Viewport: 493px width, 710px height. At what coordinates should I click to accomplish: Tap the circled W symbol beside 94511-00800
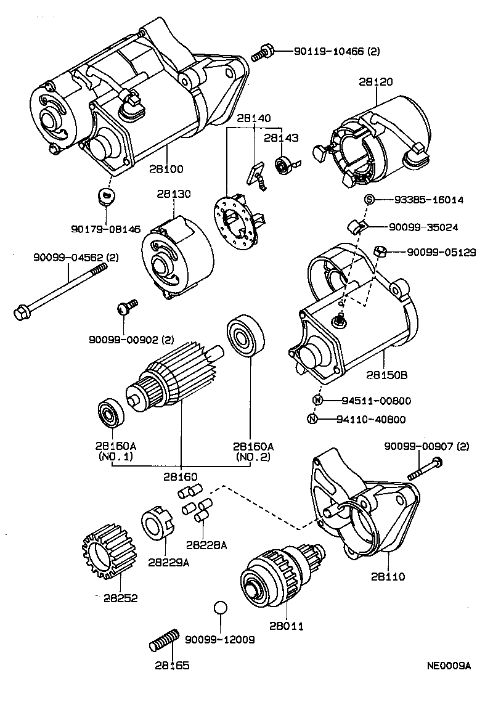[317, 401]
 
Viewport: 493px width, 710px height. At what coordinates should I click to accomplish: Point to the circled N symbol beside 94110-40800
[313, 420]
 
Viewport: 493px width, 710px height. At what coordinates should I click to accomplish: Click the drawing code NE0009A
[449, 666]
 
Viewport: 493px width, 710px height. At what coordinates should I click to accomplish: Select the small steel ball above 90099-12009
[221, 607]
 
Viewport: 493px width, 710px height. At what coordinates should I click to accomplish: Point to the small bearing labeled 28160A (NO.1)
[112, 414]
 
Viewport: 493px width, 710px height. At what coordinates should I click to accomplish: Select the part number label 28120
[375, 81]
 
